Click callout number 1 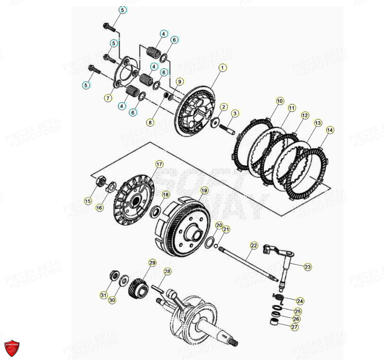tap(223, 67)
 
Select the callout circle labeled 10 tap(280, 101)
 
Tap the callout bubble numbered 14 tap(330, 130)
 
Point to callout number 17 tap(159, 164)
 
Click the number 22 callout tap(254, 245)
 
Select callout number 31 tap(103, 295)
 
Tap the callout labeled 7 tap(108, 98)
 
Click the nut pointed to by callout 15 tap(100, 181)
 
